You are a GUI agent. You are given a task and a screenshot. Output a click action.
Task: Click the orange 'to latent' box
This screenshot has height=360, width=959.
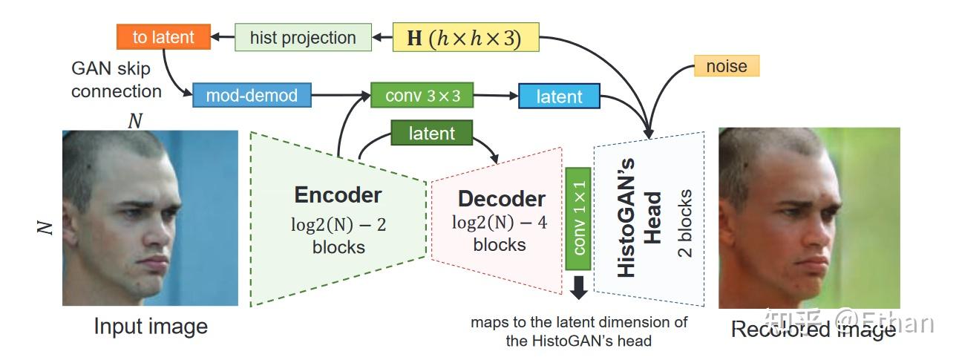163,36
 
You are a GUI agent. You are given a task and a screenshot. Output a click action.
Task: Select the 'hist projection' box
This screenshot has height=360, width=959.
303,38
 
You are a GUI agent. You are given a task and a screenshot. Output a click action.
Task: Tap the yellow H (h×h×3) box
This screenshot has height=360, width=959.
465,38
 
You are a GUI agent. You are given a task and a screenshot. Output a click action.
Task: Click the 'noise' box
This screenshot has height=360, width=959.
726,66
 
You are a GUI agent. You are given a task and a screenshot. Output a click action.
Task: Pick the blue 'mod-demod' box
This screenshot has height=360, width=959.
251,95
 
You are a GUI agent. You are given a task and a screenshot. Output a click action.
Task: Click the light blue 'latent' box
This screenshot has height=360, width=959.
559,96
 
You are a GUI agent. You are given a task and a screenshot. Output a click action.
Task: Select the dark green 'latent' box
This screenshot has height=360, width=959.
431,134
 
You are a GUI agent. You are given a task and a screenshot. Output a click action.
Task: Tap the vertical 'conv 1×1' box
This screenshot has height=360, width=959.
578,218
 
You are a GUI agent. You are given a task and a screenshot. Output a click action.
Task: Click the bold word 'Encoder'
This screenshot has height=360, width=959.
338,195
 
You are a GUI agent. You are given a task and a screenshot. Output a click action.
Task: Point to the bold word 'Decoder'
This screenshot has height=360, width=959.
501,199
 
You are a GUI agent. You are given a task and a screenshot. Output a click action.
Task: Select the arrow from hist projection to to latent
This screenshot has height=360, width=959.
222,37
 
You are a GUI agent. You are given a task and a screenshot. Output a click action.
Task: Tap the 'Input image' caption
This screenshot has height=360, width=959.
151,327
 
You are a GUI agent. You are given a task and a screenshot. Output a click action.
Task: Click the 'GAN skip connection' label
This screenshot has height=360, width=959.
116,80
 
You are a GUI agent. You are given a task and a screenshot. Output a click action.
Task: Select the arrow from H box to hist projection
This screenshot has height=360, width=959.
382,37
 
